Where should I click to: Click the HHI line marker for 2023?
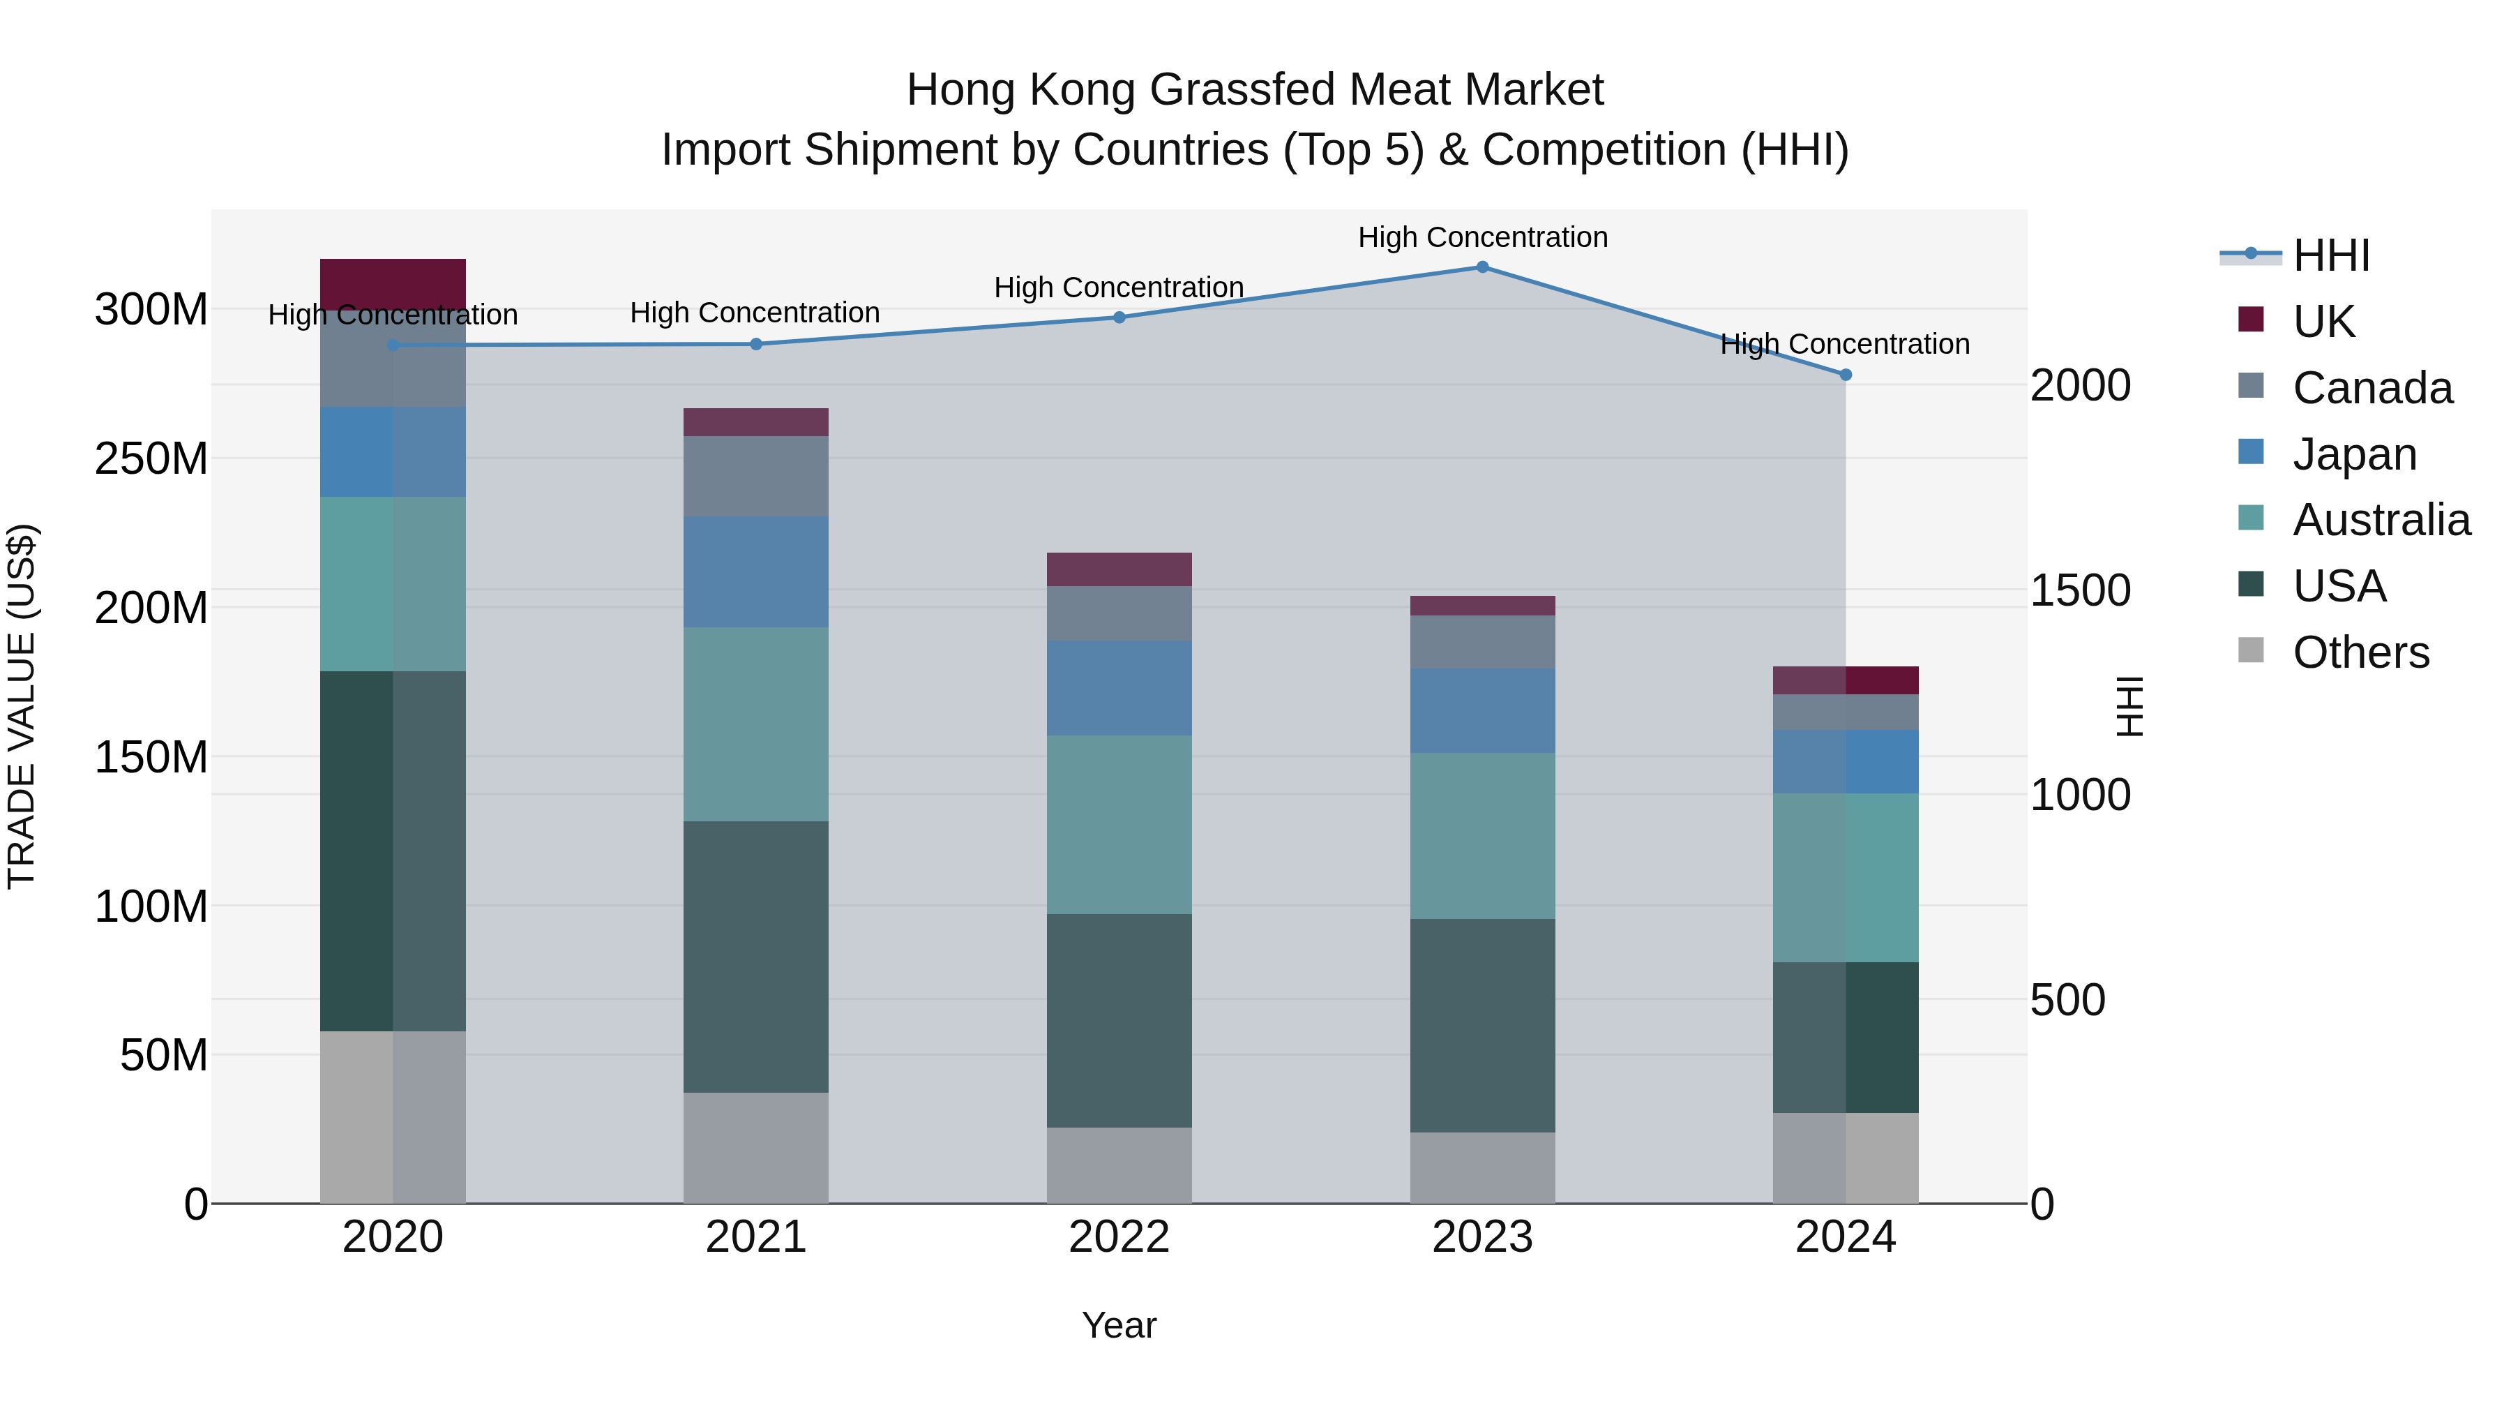1481,267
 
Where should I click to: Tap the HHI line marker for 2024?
1845,375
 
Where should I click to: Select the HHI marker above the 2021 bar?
755,343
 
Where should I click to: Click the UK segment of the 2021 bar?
755,421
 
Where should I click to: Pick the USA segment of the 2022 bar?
1119,1020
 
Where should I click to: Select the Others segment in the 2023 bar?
1481,1167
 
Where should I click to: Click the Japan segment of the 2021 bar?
755,571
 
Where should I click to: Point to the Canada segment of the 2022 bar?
1119,613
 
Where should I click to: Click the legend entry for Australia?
2381,520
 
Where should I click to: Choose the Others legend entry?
2360,652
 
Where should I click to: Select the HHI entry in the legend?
2330,255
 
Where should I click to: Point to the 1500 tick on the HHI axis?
2080,590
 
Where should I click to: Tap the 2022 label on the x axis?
1119,1236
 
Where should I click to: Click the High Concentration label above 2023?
1481,237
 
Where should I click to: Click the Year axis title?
1119,1325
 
